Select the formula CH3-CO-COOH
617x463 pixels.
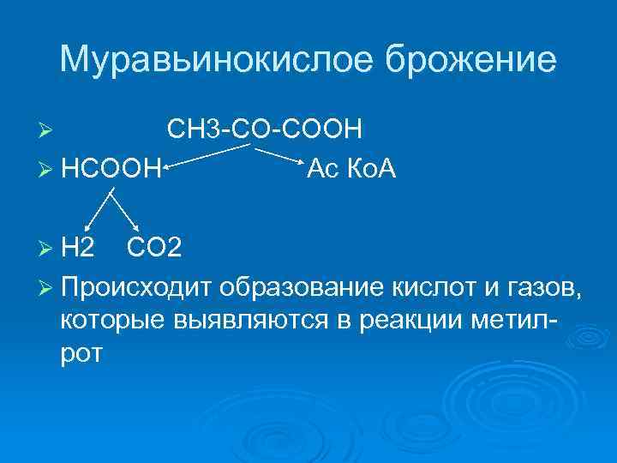[264, 129]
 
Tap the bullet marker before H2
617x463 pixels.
[48, 249]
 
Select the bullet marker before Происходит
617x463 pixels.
[48, 286]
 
